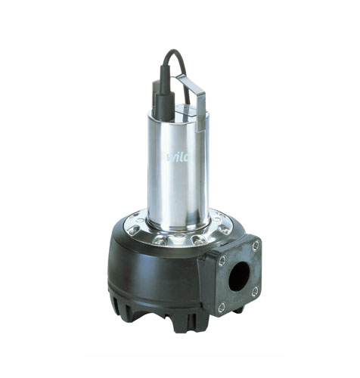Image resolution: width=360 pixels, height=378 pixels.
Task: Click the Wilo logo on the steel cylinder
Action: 179,158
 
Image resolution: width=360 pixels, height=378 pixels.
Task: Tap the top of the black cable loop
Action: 173,51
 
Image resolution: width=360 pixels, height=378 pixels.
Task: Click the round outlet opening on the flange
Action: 238,277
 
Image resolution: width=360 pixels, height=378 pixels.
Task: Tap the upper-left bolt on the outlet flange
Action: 222,260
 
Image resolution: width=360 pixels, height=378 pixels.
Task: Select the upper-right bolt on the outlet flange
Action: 256,244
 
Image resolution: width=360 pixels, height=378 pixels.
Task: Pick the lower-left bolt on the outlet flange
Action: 222,306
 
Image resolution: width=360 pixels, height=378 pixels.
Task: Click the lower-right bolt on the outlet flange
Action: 255,291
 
